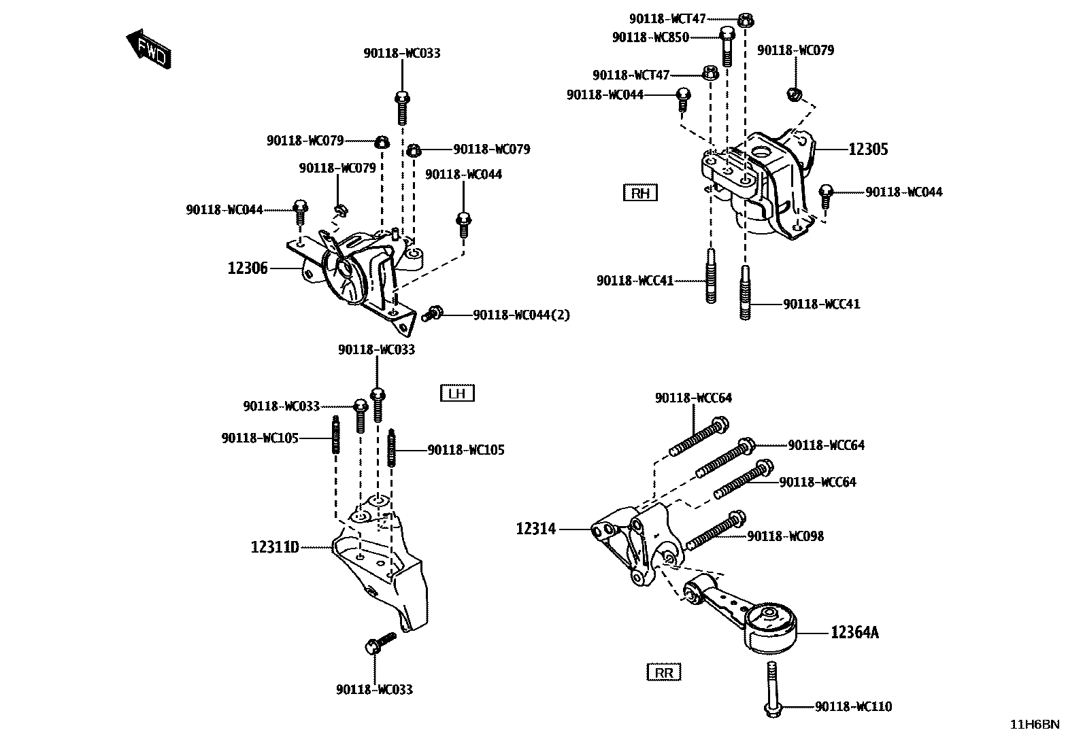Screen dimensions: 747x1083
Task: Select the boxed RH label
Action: pyautogui.click(x=640, y=193)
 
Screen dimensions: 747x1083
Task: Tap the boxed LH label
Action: pyautogui.click(x=456, y=393)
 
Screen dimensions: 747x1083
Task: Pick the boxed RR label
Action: pyautogui.click(x=663, y=673)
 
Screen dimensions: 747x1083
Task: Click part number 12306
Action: pyautogui.click(x=248, y=268)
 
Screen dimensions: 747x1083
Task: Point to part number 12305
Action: pyautogui.click(x=868, y=150)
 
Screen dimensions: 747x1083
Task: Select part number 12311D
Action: pyautogui.click(x=275, y=546)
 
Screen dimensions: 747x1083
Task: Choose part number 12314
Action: pyautogui.click(x=536, y=528)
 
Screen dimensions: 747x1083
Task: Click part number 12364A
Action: pyautogui.click(x=854, y=633)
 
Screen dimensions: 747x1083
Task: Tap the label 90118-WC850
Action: pyautogui.click(x=650, y=37)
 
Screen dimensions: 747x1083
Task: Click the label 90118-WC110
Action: pyautogui.click(x=853, y=707)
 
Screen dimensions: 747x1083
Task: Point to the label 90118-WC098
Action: pyautogui.click(x=785, y=536)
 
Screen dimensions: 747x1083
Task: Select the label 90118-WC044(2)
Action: pyautogui.click(x=522, y=315)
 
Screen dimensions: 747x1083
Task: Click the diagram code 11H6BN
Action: pyautogui.click(x=1034, y=724)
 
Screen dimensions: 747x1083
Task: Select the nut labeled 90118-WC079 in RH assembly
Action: pyautogui.click(x=793, y=94)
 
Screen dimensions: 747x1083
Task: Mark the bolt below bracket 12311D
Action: pyautogui.click(x=380, y=642)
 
